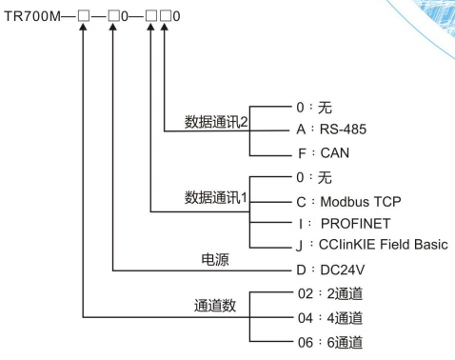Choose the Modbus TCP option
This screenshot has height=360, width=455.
pyautogui.click(x=334, y=202)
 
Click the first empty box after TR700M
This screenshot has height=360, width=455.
pyautogui.click(x=86, y=20)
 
